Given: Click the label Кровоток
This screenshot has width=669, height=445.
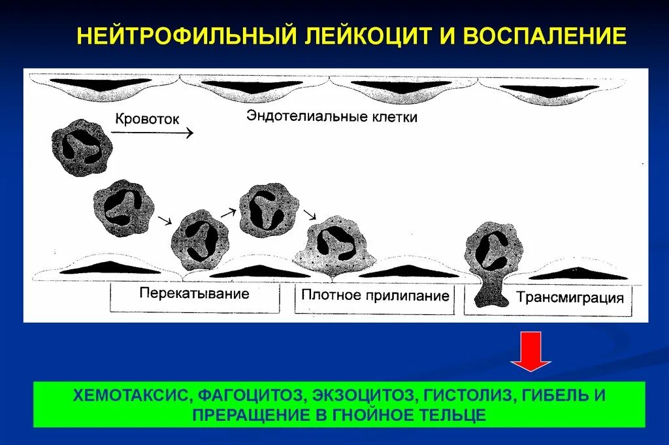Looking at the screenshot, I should (x=146, y=120).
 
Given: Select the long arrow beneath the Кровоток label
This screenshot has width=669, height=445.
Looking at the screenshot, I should (x=152, y=133).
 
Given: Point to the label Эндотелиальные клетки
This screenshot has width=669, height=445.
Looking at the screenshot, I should (x=332, y=117).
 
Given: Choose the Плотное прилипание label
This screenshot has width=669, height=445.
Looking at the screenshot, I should (x=376, y=296).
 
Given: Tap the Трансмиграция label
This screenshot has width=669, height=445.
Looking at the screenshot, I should (x=570, y=299).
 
